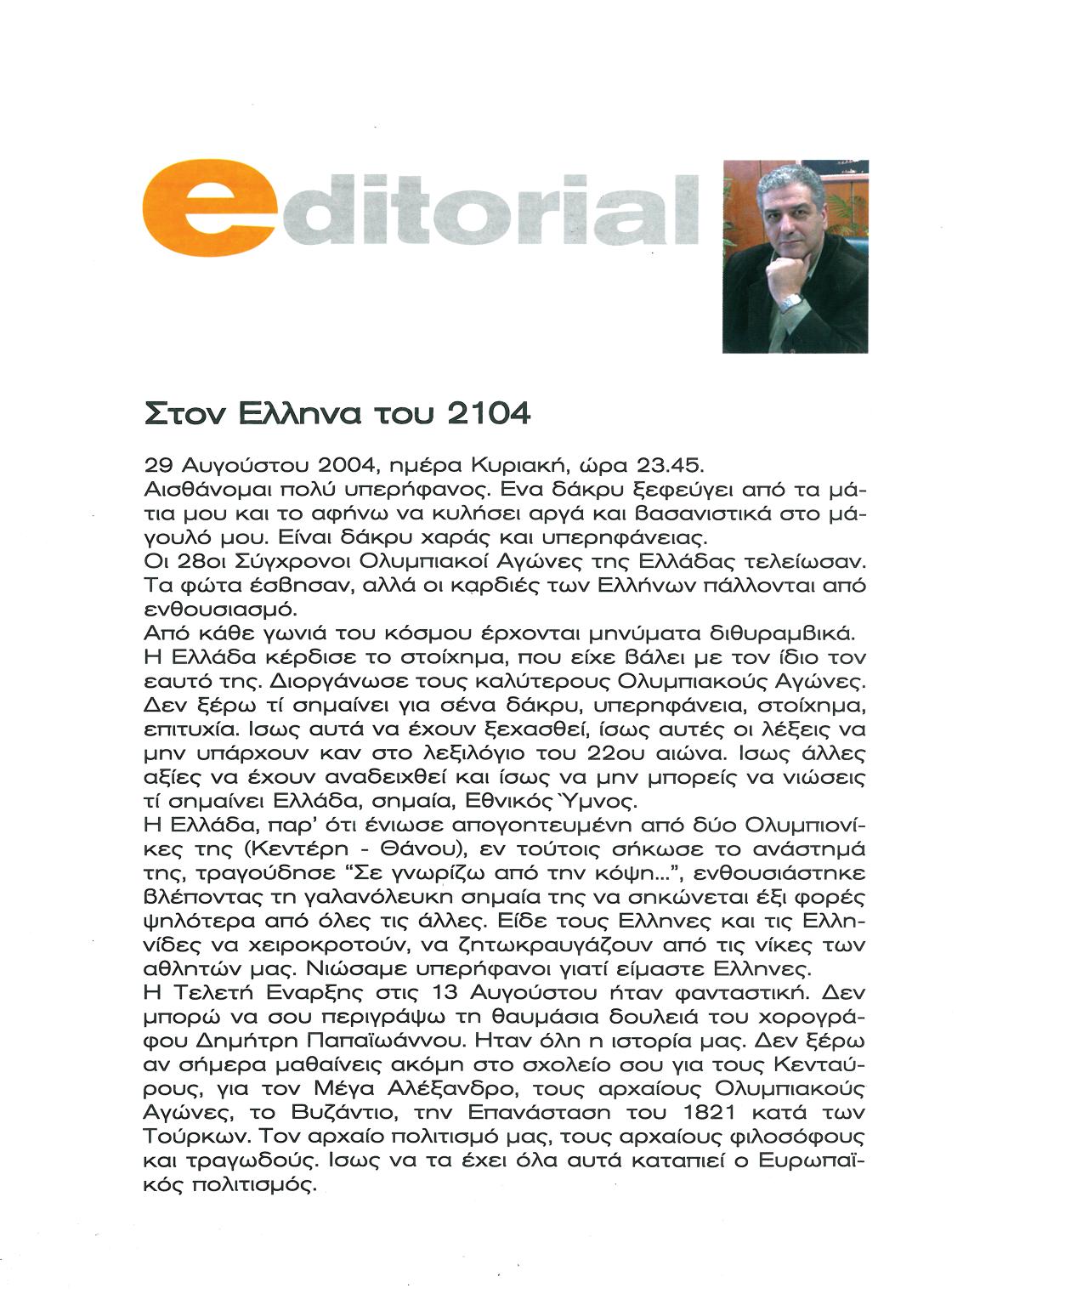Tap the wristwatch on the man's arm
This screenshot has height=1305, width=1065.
[x=790, y=302]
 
